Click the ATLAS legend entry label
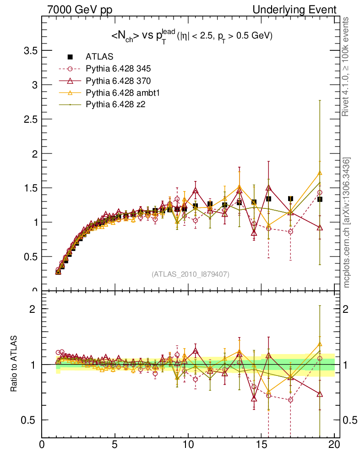(x=99, y=57)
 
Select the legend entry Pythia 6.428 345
(x=118, y=69)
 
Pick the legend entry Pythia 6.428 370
(x=118, y=81)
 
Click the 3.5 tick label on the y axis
(x=30, y=50)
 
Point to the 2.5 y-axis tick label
(x=30, y=119)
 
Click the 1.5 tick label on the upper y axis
(x=30, y=188)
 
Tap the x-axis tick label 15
(x=261, y=444)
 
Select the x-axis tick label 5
(x=115, y=444)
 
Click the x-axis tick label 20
(x=334, y=444)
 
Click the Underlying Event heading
(x=301, y=10)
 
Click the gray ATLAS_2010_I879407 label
(x=191, y=274)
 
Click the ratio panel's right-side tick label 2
(x=348, y=309)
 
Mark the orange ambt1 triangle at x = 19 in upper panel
(x=320, y=173)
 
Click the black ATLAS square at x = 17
(x=290, y=198)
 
